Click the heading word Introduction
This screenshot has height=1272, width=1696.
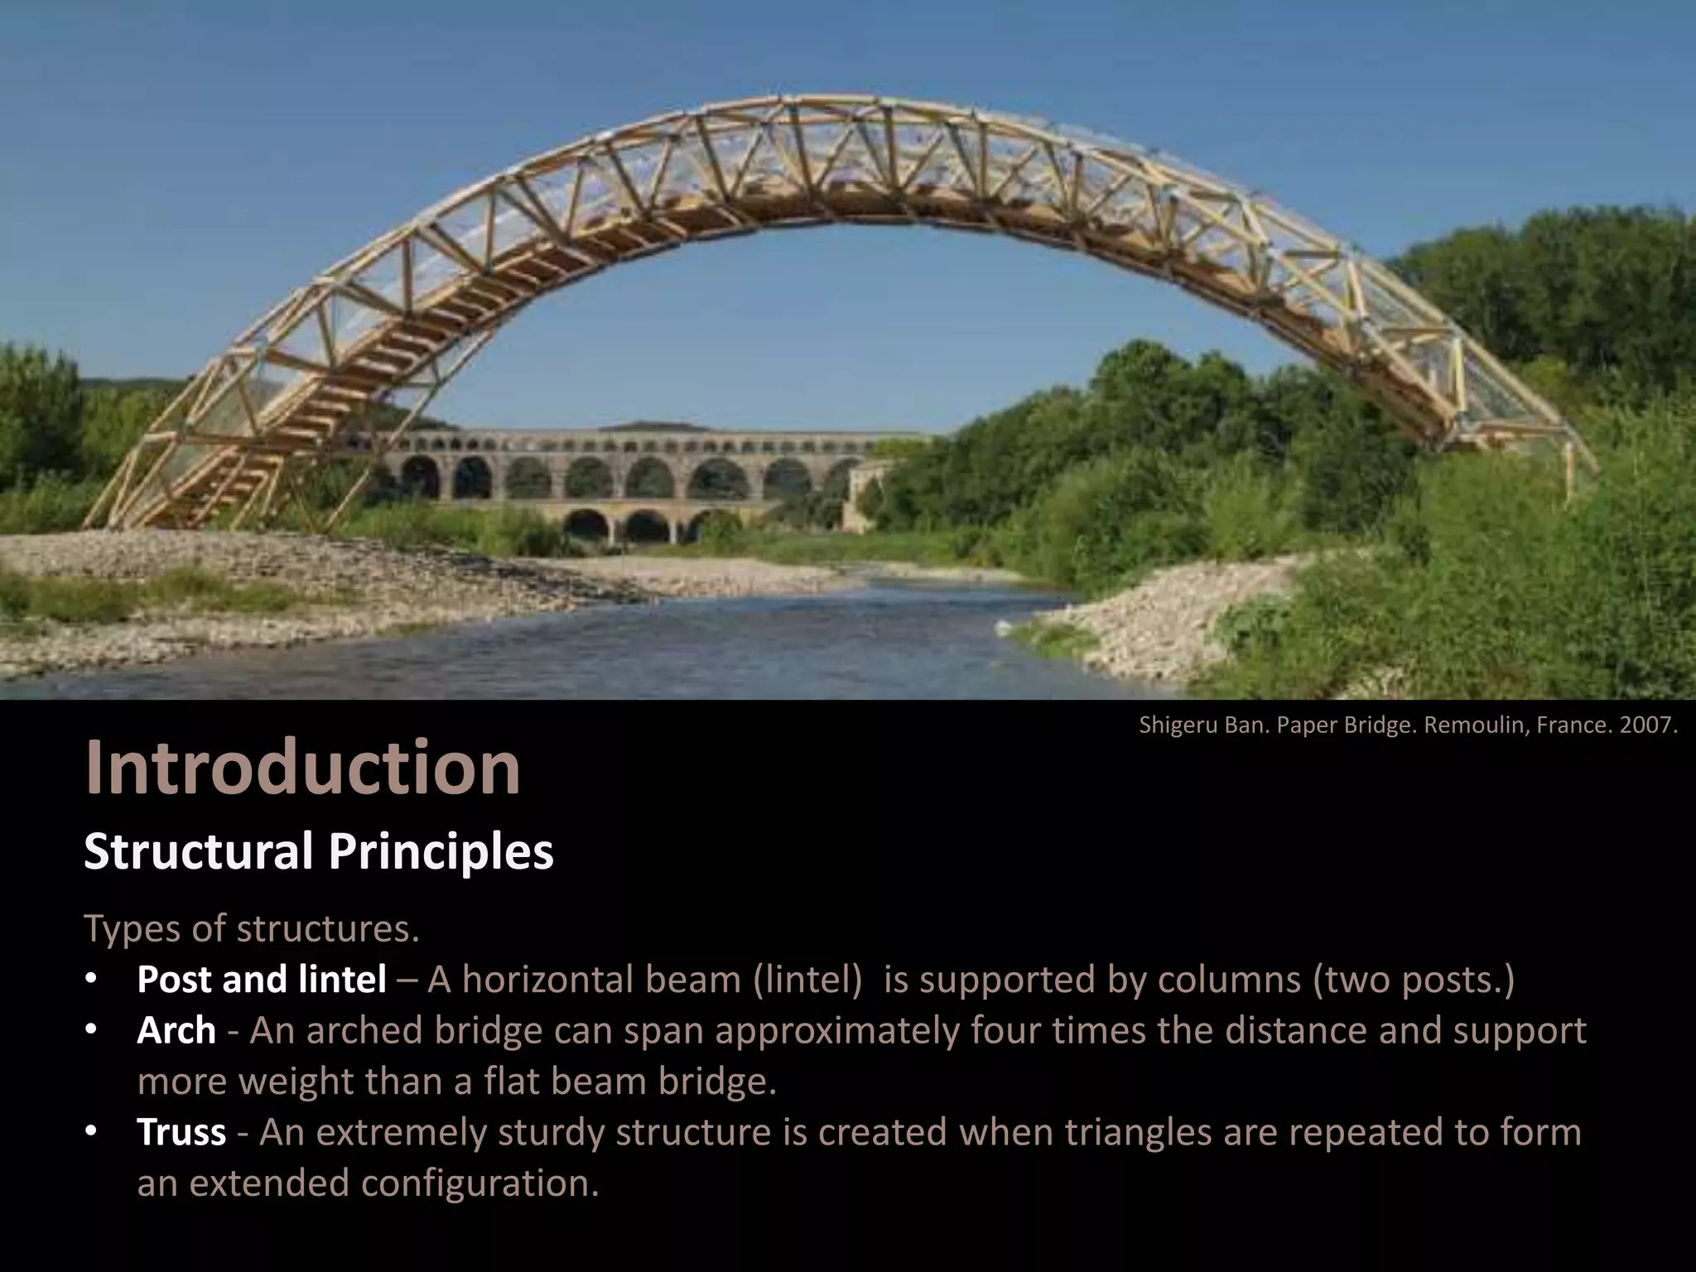302,768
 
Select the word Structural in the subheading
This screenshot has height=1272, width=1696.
198,850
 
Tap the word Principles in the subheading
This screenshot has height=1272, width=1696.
441,850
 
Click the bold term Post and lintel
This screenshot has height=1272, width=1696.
261,979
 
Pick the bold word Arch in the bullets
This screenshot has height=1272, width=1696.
176,1030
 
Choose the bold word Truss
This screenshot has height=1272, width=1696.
181,1131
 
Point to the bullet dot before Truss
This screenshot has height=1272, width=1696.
92,1131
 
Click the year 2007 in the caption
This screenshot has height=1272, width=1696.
1650,725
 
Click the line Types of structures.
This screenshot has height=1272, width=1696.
252,928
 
